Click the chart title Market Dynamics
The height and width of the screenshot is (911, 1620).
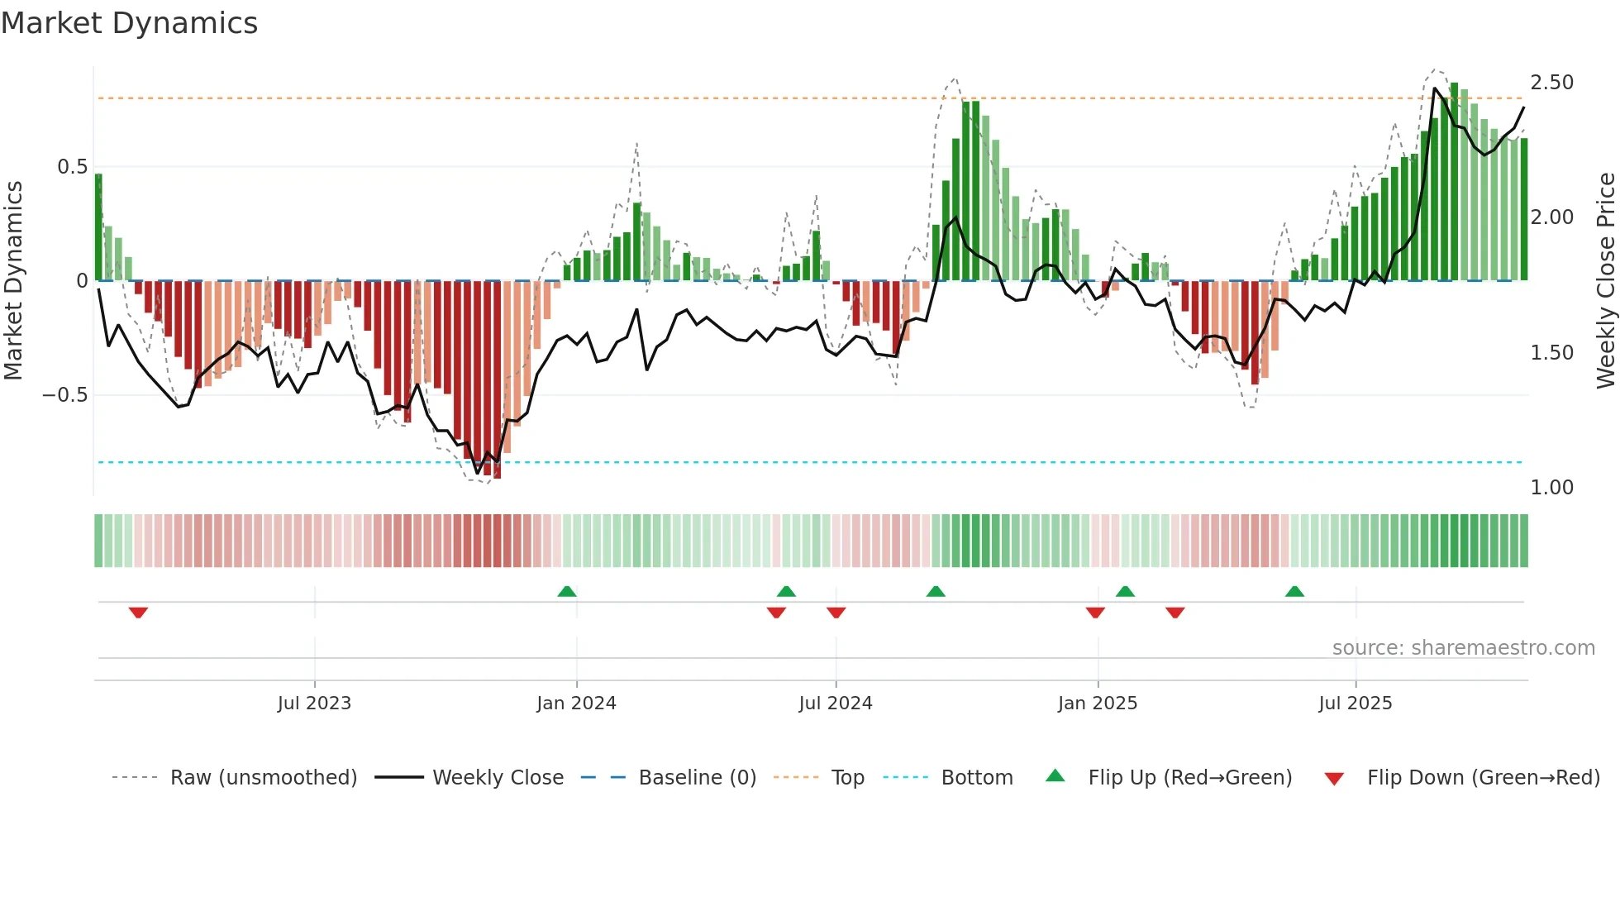(x=129, y=23)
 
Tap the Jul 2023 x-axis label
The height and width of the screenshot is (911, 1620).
(x=314, y=704)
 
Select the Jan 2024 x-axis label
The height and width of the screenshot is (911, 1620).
(x=576, y=704)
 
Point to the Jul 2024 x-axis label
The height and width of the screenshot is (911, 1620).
(x=835, y=704)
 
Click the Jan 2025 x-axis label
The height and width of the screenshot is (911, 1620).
(x=1097, y=704)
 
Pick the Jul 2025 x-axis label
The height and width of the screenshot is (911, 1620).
(x=1355, y=704)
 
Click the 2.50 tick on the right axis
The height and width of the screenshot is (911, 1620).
(x=1551, y=83)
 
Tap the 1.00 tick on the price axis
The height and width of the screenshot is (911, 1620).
(x=1551, y=488)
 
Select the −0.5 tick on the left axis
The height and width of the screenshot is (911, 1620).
(x=65, y=395)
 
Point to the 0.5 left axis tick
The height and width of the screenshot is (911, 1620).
(x=72, y=167)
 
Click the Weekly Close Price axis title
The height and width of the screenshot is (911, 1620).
(x=1605, y=281)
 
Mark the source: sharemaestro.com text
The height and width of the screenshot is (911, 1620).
(x=1463, y=648)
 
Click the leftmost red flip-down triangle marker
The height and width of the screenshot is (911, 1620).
(x=138, y=613)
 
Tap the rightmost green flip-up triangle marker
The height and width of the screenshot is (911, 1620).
(x=1294, y=591)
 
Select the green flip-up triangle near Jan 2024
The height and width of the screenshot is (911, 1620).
(x=566, y=591)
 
